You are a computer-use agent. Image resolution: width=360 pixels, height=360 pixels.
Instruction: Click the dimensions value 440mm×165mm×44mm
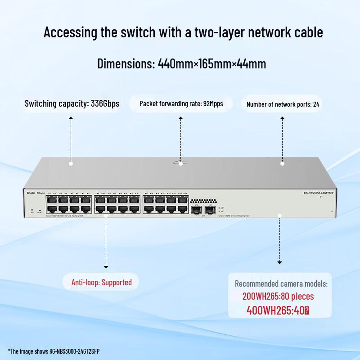point(212,63)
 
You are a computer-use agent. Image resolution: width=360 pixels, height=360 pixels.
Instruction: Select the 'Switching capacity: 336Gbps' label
point(72,104)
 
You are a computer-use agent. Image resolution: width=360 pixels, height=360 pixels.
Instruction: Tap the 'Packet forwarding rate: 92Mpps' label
point(181,104)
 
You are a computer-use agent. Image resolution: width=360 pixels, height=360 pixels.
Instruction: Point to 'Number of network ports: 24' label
point(283,104)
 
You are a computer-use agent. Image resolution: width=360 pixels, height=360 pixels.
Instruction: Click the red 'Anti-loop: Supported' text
point(102,283)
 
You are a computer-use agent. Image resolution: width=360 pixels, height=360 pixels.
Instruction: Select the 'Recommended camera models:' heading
point(281,283)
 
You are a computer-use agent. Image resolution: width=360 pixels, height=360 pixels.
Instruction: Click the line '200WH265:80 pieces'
point(278,297)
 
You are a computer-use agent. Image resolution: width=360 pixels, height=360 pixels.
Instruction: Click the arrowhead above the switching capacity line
point(71,118)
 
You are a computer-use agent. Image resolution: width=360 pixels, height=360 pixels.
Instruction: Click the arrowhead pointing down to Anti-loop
point(106,266)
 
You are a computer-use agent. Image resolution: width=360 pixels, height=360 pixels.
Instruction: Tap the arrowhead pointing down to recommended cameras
point(279,262)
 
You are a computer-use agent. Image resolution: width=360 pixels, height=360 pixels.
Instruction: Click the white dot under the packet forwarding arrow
point(180,163)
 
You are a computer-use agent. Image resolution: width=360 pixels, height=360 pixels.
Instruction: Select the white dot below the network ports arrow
point(282,163)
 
